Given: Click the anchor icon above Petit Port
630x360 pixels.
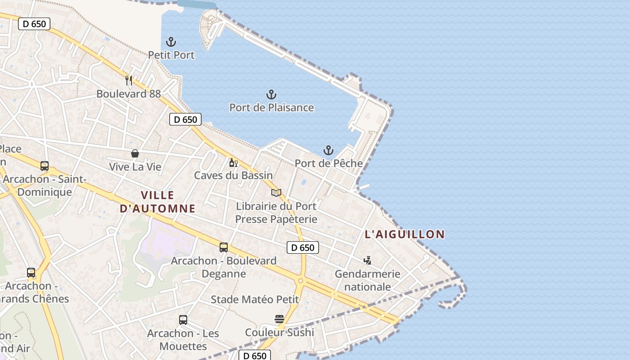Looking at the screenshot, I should click(x=171, y=42).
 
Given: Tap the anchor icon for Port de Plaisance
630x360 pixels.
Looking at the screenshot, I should click(x=271, y=94).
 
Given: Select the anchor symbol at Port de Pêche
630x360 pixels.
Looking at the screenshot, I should click(x=328, y=150).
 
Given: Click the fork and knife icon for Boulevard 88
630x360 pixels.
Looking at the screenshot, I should click(x=129, y=81).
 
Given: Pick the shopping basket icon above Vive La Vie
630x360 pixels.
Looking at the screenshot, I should click(x=135, y=153).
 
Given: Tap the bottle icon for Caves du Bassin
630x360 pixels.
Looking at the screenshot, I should click(x=233, y=162).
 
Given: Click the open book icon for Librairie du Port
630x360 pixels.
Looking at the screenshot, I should click(x=276, y=193).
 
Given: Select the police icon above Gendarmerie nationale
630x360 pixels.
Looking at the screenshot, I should click(x=367, y=260).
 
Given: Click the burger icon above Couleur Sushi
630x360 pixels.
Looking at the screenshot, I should click(x=279, y=319).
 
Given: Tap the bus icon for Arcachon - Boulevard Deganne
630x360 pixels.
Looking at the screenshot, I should click(x=224, y=247).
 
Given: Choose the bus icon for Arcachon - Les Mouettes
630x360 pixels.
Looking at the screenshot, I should click(x=183, y=320).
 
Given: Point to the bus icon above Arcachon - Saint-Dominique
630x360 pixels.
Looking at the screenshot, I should click(x=44, y=166).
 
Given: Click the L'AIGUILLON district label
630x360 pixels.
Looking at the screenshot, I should click(x=405, y=234).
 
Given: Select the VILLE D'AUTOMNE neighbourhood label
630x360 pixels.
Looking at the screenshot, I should click(x=157, y=202).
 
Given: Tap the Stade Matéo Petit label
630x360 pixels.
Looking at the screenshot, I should click(x=255, y=299).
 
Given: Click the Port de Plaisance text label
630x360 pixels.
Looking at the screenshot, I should click(x=271, y=108).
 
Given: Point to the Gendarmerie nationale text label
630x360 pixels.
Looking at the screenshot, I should click(x=367, y=280).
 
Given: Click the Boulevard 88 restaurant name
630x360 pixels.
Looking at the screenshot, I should click(x=128, y=94).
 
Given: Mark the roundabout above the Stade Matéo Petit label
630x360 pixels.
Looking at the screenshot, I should click(x=300, y=281).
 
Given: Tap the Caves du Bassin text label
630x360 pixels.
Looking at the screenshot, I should click(x=233, y=175).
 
